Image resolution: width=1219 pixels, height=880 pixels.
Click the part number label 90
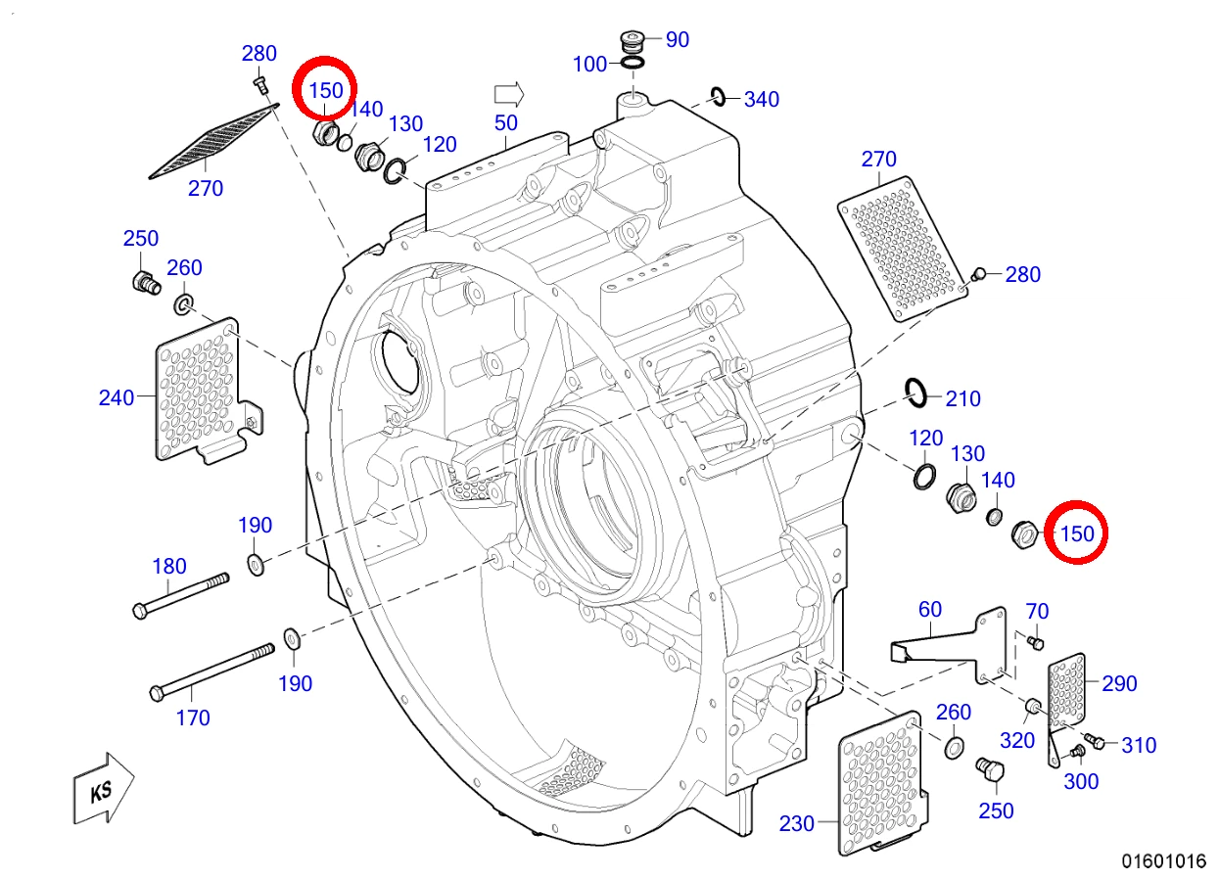pos(678,40)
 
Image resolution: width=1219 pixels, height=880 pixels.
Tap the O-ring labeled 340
pos(719,97)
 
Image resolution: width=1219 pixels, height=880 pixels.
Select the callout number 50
pos(505,123)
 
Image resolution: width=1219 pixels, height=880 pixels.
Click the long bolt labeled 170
pos(212,672)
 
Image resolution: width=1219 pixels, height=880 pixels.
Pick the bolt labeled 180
pos(181,596)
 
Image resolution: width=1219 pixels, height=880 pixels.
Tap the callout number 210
pos(963,399)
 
